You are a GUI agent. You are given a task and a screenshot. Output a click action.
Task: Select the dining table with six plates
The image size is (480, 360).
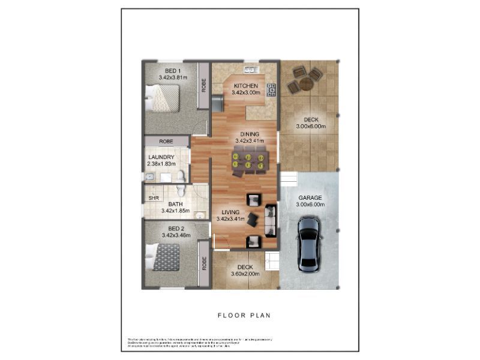pos(248,161)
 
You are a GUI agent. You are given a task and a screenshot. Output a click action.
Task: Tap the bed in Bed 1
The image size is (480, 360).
pos(163,97)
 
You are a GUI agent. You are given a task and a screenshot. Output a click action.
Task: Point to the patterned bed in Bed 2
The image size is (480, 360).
pos(166,257)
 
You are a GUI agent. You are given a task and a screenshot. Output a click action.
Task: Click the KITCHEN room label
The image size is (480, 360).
pos(246,85)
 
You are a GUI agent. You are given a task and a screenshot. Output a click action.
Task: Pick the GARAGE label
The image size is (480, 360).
pos(310,197)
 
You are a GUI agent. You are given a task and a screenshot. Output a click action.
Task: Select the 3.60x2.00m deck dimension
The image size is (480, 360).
pos(245,274)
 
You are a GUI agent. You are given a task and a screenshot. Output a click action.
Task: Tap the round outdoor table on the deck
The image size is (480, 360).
pos(305,82)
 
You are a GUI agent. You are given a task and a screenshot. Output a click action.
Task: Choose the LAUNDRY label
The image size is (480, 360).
pos(161,157)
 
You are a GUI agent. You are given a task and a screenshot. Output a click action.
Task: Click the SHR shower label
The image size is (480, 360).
pos(154,197)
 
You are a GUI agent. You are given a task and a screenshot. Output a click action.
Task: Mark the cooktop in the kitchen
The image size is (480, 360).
pos(271,90)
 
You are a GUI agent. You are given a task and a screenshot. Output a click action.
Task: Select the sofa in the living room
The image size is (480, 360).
pos(270,221)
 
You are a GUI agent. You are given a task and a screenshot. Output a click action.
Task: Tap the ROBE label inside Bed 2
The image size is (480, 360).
pos(204,263)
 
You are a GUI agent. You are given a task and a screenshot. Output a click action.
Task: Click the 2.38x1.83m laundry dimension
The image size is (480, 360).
pos(161,164)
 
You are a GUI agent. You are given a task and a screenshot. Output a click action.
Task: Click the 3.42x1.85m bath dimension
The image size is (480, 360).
pos(175,211)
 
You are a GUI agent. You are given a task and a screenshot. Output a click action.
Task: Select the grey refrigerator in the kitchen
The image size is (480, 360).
pos(217,102)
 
